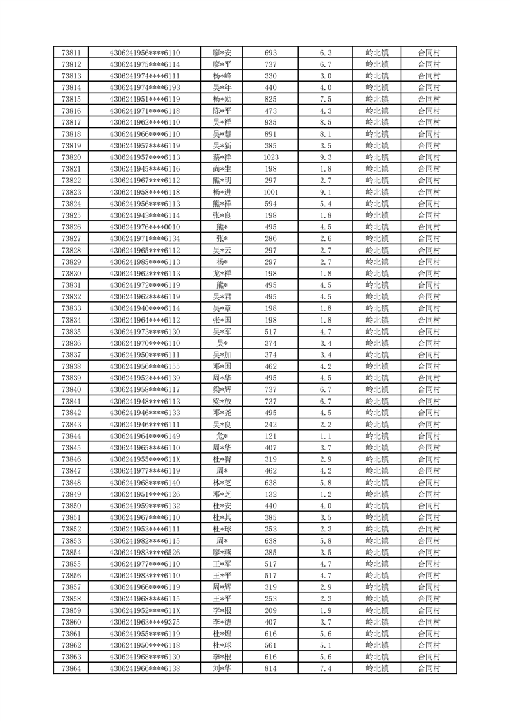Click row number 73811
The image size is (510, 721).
point(71,53)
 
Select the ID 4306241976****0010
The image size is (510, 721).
point(145,227)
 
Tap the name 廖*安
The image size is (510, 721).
point(222,53)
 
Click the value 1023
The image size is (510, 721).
point(270,157)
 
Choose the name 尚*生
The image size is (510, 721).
point(222,169)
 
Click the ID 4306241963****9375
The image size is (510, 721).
point(145,622)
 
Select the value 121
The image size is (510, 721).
point(270,436)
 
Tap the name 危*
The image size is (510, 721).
point(222,436)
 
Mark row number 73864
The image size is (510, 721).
point(71,668)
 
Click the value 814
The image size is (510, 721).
point(270,668)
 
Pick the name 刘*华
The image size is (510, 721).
point(222,668)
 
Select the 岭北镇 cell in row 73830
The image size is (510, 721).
point(376,274)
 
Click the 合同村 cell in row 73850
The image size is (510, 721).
point(428,506)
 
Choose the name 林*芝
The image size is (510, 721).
point(222,483)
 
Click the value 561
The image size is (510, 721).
point(270,645)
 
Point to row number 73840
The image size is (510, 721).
point(71,389)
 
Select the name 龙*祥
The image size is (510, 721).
point(222,274)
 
